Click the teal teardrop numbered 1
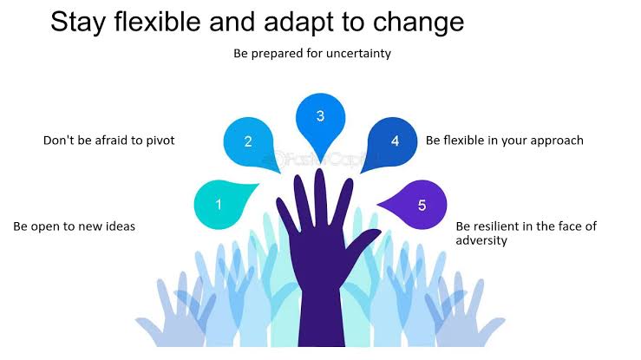pos(221,205)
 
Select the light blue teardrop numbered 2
pos(249,142)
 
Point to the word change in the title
pos(418,23)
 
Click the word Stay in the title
pos(78,23)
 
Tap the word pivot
pos(160,141)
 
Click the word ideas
pos(121,226)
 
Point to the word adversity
pos(481,240)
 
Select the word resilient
pos(495,226)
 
